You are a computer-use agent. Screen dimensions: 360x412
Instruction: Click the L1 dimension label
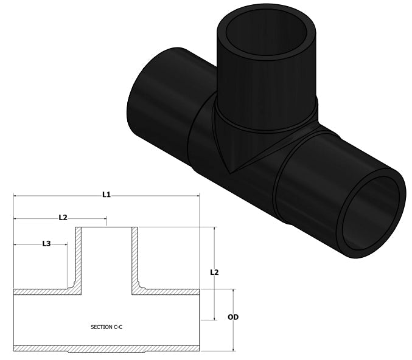click(x=106, y=195)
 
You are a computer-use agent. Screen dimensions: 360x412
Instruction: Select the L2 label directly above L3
click(x=63, y=217)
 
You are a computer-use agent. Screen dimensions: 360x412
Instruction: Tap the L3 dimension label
click(x=46, y=243)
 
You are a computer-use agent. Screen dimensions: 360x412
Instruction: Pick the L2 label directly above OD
click(x=214, y=272)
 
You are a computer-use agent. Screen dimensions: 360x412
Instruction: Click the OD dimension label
click(x=232, y=317)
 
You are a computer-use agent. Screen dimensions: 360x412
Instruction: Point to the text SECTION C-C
click(x=106, y=327)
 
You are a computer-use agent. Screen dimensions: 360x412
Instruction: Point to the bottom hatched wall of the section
click(x=106, y=348)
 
